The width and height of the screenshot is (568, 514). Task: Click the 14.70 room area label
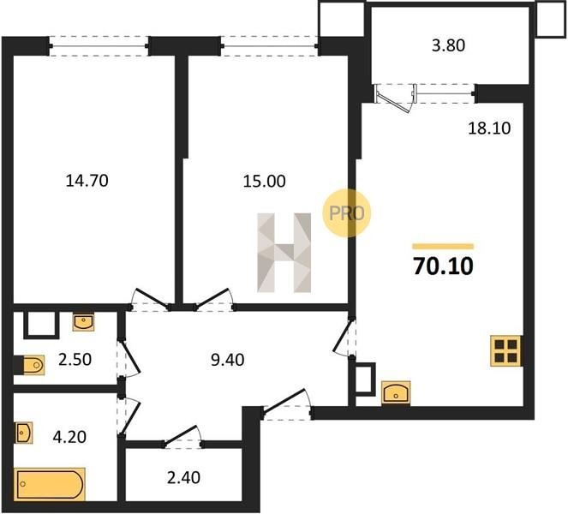click(87, 181)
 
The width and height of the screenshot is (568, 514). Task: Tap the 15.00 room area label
click(264, 181)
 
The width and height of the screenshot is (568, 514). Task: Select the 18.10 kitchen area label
click(489, 128)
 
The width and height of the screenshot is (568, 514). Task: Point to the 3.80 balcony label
click(448, 45)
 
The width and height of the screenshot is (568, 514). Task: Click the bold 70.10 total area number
click(444, 266)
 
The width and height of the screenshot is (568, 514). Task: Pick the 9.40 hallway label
click(228, 360)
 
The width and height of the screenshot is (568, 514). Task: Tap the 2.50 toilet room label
click(75, 359)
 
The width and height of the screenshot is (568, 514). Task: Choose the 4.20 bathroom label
click(69, 437)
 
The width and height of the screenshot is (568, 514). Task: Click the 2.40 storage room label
click(183, 477)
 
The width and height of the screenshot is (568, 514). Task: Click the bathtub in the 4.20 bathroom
click(50, 484)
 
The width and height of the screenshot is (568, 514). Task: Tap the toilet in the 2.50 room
click(33, 365)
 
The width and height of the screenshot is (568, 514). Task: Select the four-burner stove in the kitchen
click(506, 350)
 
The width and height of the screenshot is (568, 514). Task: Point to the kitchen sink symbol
click(396, 392)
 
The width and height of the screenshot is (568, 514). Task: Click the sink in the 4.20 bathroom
click(23, 433)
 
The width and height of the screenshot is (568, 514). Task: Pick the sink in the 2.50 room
click(83, 322)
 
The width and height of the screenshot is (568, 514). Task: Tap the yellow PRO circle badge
click(347, 213)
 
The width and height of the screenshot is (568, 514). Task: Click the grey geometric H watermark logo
click(284, 253)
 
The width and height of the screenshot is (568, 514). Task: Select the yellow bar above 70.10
click(443, 247)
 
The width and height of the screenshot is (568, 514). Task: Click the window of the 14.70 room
click(99, 46)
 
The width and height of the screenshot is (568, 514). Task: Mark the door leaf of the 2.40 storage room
click(181, 434)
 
